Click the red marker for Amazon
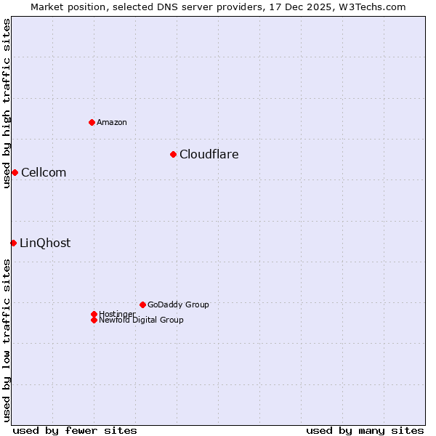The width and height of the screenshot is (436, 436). point(92,122)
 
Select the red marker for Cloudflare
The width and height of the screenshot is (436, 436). point(173,154)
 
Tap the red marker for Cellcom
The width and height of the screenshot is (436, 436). point(15,172)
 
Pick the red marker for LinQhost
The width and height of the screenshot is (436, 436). point(13,243)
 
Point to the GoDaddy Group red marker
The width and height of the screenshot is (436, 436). point(142,304)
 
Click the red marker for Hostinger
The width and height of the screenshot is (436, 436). point(94,314)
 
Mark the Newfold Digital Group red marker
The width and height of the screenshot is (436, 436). point(94,320)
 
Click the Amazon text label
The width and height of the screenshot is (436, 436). point(112,122)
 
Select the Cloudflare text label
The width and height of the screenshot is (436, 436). point(209,154)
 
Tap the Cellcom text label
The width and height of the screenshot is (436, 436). point(44,172)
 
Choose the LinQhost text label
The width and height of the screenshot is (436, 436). point(45,243)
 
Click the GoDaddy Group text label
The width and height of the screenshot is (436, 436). point(178,304)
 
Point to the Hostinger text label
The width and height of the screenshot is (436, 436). point(117,314)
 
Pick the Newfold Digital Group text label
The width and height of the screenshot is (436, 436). point(141,320)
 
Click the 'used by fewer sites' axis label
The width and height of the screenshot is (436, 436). point(75,430)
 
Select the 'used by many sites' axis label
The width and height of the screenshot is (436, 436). point(365,430)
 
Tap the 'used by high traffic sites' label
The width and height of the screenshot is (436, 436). point(7,103)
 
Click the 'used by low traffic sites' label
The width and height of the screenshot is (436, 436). point(7,340)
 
